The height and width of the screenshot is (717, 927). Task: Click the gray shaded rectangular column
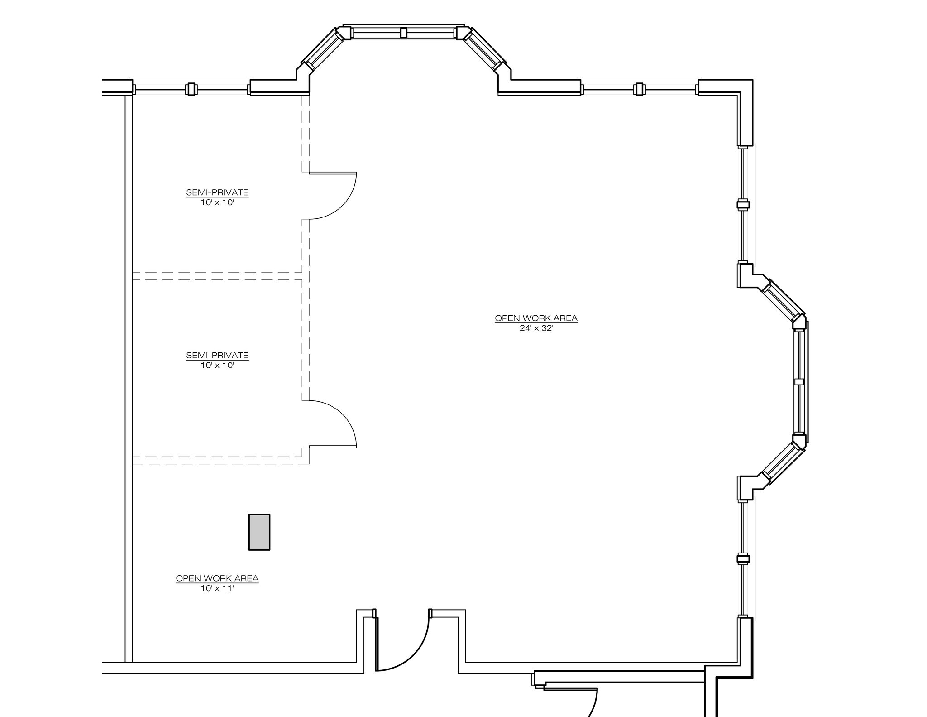[x=259, y=532]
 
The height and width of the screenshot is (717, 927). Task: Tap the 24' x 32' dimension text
[x=536, y=328]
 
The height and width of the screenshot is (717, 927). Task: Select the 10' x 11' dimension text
[x=217, y=588]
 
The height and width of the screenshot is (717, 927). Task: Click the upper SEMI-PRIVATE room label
[x=217, y=192]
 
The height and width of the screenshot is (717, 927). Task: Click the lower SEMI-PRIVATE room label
[x=217, y=355]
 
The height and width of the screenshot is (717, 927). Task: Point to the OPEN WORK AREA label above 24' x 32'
[x=536, y=318]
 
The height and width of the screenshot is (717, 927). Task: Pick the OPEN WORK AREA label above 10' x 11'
[x=217, y=578]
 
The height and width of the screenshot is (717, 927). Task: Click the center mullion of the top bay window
[x=404, y=33]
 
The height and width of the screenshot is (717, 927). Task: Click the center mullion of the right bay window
[x=799, y=382]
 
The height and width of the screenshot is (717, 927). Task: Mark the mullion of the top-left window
[x=191, y=89]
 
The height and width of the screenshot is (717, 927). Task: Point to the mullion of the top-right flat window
[x=639, y=89]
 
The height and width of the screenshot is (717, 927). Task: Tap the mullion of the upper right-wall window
[x=743, y=205]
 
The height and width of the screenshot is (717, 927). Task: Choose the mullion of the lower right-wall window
[x=743, y=559]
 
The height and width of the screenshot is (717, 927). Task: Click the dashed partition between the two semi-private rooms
[x=217, y=276]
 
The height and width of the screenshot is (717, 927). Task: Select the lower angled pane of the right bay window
[x=781, y=462]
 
